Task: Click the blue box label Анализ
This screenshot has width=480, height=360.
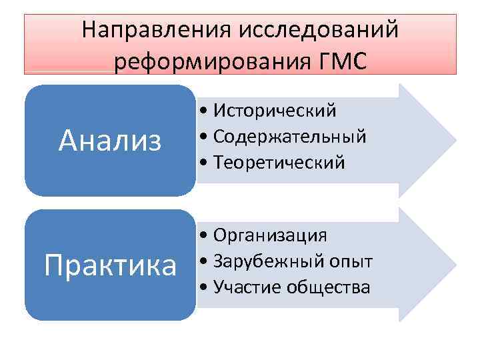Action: [110, 140]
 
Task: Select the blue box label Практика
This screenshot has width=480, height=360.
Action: [110, 265]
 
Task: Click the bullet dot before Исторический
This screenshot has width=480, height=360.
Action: [202, 111]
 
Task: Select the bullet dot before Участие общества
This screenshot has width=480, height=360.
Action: [202, 288]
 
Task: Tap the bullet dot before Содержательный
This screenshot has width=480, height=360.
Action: [202, 137]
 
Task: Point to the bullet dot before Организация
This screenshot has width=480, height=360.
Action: [202, 235]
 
